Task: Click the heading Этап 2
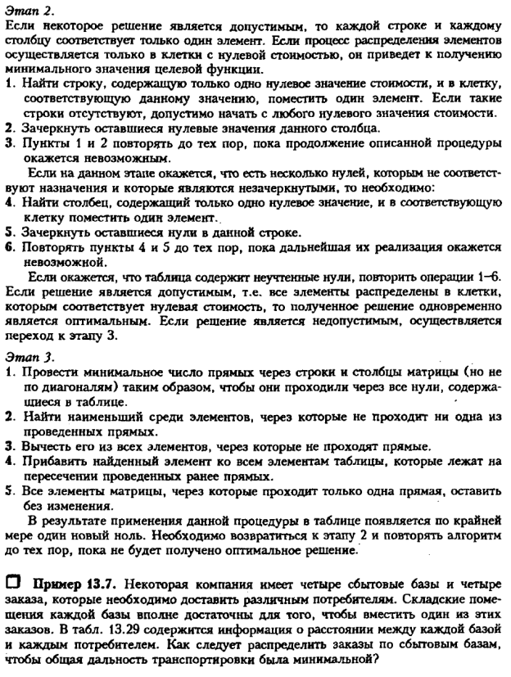(x=27, y=10)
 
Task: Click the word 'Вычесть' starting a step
(x=42, y=447)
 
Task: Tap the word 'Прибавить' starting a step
(x=47, y=463)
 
